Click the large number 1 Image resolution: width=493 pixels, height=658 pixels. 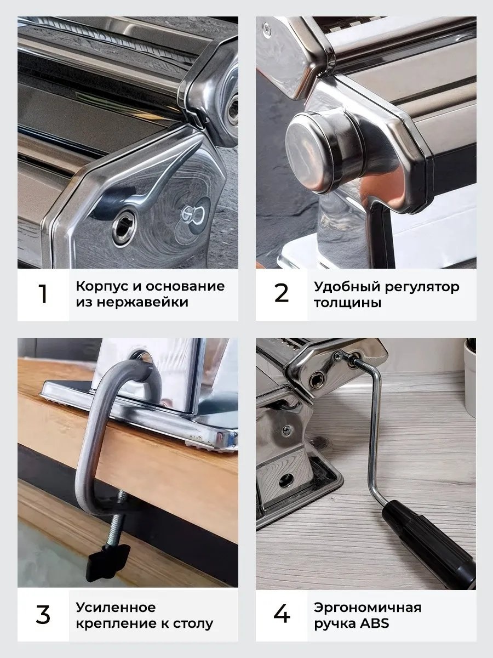pos(43,294)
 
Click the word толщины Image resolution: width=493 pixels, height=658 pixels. pos(348,303)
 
